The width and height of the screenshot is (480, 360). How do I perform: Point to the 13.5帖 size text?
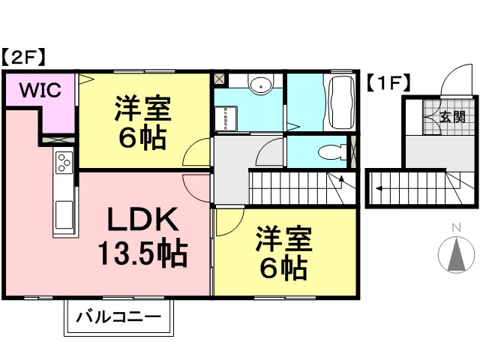142,255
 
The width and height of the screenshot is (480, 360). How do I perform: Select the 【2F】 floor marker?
25,56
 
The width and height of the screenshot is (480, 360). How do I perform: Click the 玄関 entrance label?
452,116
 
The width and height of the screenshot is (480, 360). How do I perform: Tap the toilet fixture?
330,152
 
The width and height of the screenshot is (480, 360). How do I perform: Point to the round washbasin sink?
259,85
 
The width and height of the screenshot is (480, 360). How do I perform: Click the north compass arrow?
456,255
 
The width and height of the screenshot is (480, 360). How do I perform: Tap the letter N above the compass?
455,228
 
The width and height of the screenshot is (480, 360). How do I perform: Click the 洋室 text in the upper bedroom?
142,109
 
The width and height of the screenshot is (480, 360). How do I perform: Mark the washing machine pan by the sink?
226,117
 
